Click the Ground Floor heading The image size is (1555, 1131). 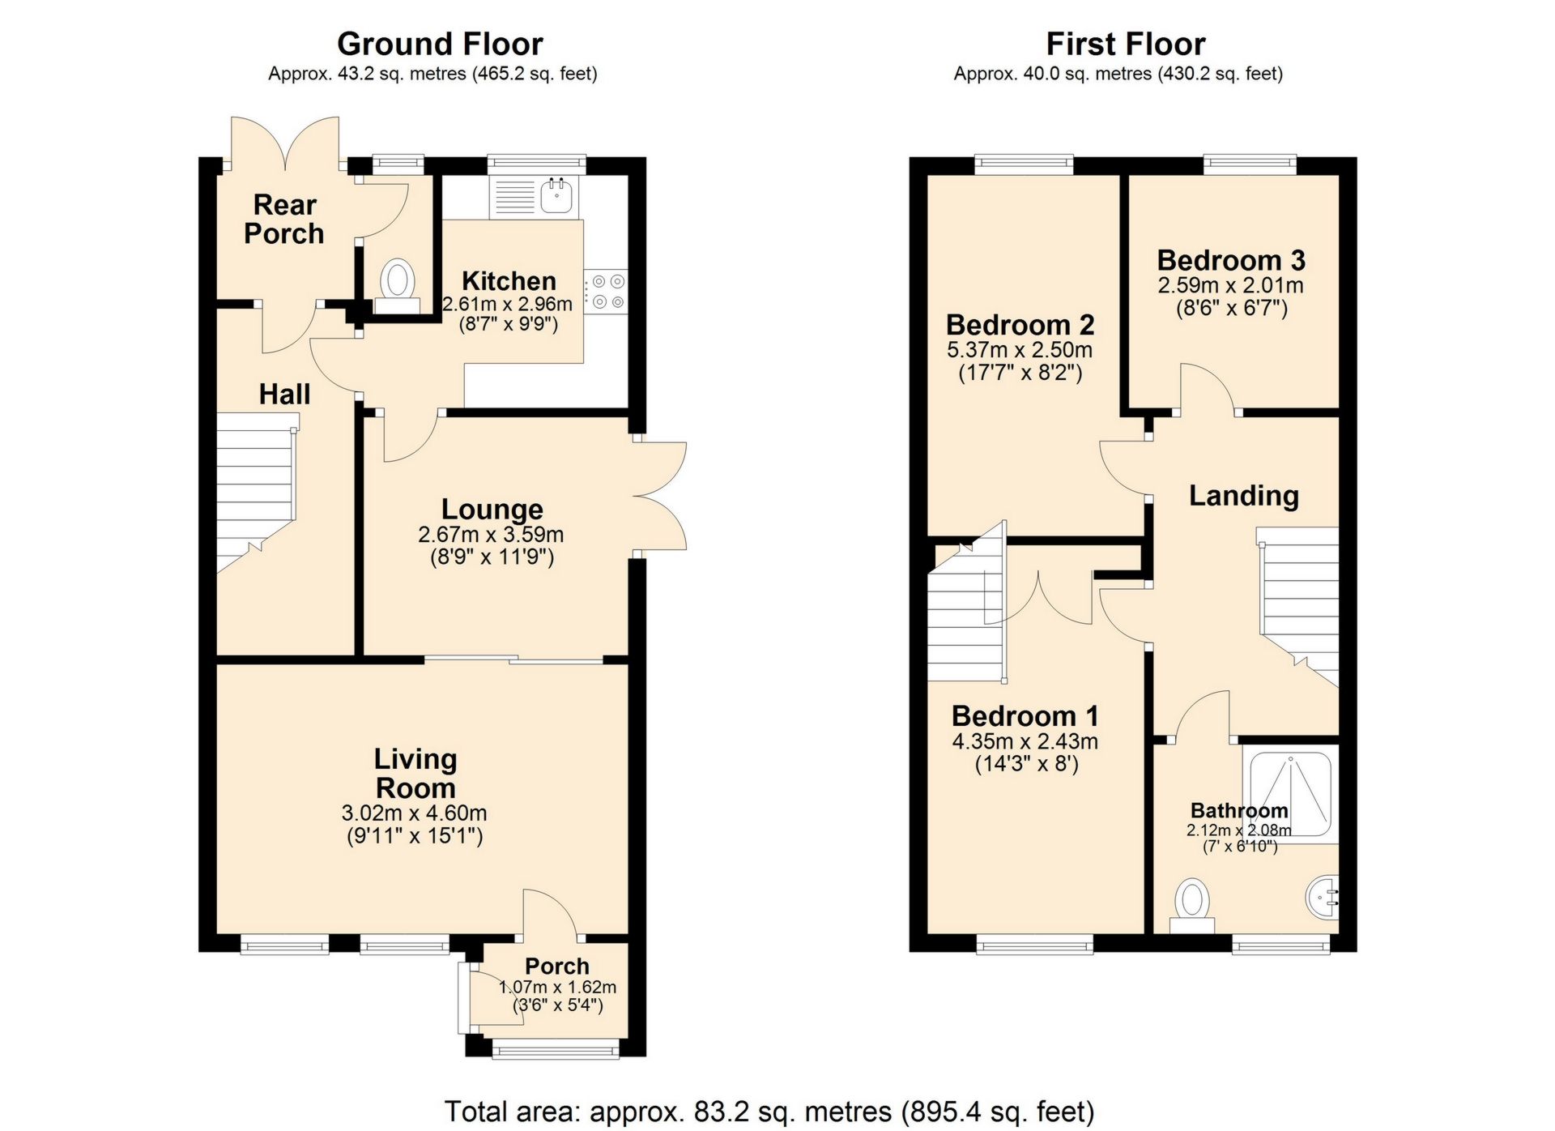tap(440, 44)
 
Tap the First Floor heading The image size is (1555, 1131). tap(1125, 44)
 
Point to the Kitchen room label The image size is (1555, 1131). tap(509, 281)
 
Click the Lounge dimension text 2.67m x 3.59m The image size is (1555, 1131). tap(491, 535)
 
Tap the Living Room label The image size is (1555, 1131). tap(415, 773)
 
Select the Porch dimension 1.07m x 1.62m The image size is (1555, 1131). tap(557, 988)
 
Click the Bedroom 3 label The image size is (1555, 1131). tap(1231, 260)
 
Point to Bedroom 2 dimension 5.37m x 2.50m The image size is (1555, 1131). tap(1020, 350)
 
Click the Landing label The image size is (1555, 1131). tap(1243, 495)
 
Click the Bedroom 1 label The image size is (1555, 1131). tap(1025, 716)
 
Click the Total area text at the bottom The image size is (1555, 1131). tap(769, 1112)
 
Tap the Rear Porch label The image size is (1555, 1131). tap(284, 219)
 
